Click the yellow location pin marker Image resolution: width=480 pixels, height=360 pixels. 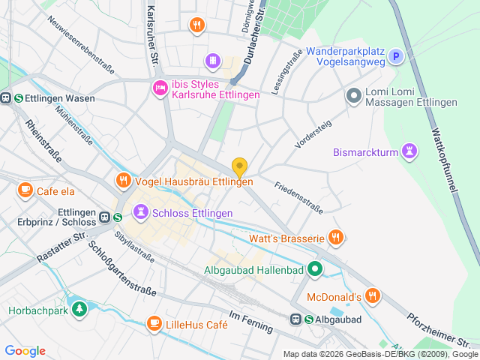tap(239, 168)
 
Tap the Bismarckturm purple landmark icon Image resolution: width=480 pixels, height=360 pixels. tap(409, 151)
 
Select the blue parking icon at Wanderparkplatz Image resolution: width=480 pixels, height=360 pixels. tap(395, 56)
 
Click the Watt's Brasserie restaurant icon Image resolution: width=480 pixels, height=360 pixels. tap(335, 238)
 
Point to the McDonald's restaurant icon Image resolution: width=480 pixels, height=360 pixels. tap(373, 296)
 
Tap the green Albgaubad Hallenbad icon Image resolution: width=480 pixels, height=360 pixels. tap(316, 268)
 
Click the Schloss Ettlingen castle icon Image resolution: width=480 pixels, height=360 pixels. tap(139, 213)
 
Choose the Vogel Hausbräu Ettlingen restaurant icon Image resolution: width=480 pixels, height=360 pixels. tap(123, 181)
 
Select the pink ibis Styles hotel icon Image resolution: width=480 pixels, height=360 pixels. tap(160, 88)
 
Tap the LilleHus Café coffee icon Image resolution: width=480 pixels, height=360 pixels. tap(154, 324)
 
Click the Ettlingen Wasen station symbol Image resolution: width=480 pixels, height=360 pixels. tap(6, 97)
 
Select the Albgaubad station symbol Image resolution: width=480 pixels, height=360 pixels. tap(297, 319)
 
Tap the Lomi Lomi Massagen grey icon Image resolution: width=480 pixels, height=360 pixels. tap(353, 96)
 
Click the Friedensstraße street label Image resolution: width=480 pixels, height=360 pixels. tap(298, 196)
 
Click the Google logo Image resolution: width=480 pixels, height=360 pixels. tap(25, 351)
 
